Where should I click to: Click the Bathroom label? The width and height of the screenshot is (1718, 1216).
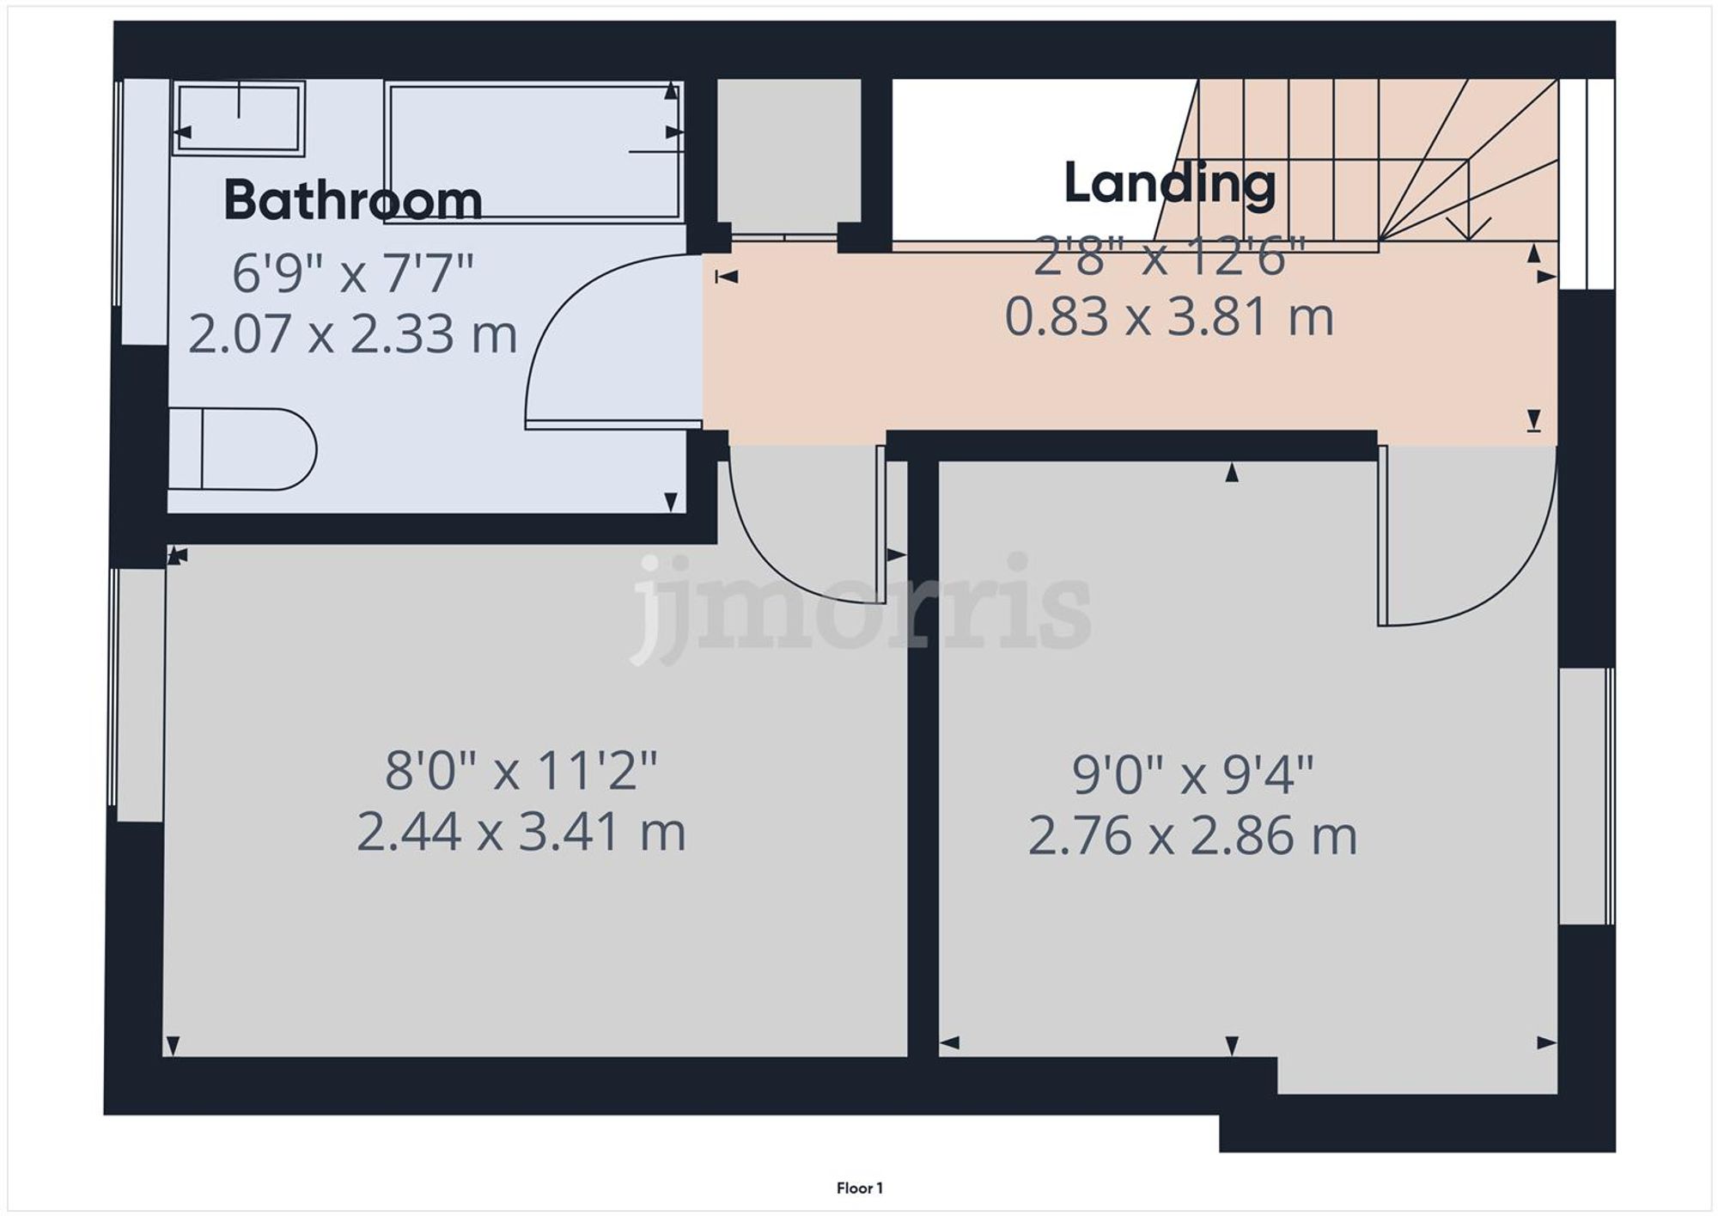[352, 200]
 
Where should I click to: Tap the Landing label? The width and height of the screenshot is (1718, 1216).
[1170, 183]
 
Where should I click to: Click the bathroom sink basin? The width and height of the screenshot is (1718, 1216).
[239, 118]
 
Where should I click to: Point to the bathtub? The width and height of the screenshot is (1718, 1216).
[533, 152]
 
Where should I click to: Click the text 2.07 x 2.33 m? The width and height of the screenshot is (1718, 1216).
[352, 334]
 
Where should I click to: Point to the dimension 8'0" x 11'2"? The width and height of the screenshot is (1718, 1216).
[521, 770]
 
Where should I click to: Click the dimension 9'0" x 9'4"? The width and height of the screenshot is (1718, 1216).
[1192, 775]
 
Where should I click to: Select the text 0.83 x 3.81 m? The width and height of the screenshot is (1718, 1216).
[1168, 317]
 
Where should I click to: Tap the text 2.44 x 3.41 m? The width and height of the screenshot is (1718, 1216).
[521, 832]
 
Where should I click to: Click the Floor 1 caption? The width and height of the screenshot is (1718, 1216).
[859, 1189]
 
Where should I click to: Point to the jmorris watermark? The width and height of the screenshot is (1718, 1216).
[859, 606]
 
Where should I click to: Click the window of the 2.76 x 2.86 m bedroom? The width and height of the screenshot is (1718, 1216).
[1587, 796]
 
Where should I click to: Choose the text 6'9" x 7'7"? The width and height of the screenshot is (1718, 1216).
[352, 274]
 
